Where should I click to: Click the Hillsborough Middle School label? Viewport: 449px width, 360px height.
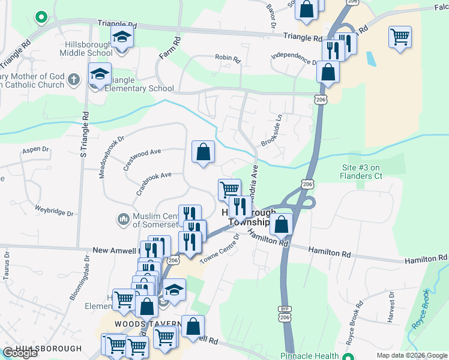click(86, 49)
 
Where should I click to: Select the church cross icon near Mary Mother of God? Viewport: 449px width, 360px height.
click(73, 79)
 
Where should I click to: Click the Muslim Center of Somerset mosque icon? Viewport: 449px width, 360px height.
click(124, 220)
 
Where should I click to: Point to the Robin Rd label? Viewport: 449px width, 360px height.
click(228, 59)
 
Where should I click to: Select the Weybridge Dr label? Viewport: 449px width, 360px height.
click(54, 211)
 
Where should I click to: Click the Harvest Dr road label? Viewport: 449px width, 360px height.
click(391, 307)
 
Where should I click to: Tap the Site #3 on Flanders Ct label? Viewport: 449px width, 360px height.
click(362, 172)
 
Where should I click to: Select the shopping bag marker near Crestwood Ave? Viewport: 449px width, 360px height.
click(203, 151)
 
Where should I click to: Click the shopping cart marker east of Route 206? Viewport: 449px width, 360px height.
click(400, 36)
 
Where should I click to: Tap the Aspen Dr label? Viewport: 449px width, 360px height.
click(35, 149)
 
